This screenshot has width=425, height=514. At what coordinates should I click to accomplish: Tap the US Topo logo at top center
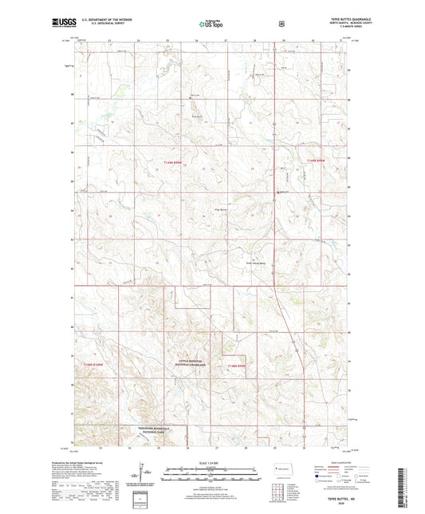click(211, 25)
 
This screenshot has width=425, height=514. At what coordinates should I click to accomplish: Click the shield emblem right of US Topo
click(281, 24)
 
